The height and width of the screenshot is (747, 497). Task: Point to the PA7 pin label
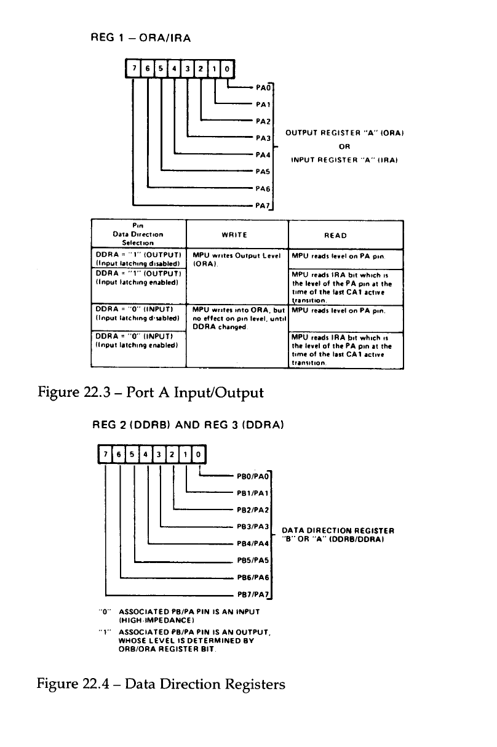264,205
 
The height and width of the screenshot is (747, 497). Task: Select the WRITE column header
236,235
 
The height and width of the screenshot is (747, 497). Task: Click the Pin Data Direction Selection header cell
138,234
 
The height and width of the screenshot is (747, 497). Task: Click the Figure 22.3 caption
151,392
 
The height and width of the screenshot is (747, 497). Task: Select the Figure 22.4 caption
161,684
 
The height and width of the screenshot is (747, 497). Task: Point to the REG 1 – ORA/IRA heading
141,38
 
